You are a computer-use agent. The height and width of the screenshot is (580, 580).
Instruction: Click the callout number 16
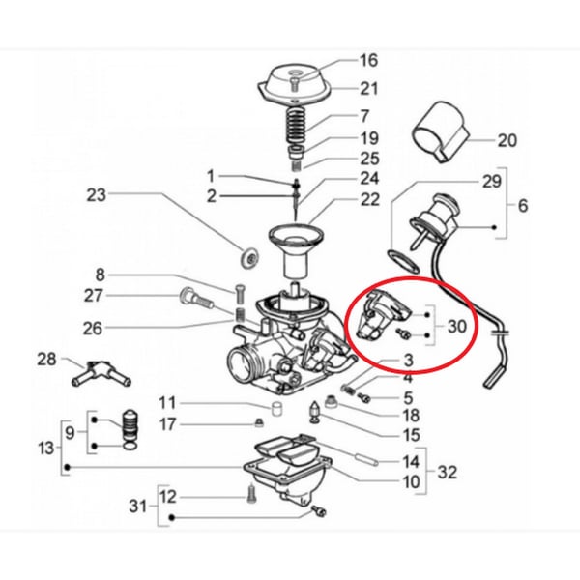click(341, 60)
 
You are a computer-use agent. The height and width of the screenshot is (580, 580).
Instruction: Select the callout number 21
click(341, 90)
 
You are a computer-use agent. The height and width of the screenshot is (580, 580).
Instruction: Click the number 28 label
click(47, 361)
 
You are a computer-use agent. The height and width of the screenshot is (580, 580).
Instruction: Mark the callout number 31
click(138, 507)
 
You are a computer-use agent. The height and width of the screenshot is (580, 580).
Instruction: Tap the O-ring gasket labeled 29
click(402, 259)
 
